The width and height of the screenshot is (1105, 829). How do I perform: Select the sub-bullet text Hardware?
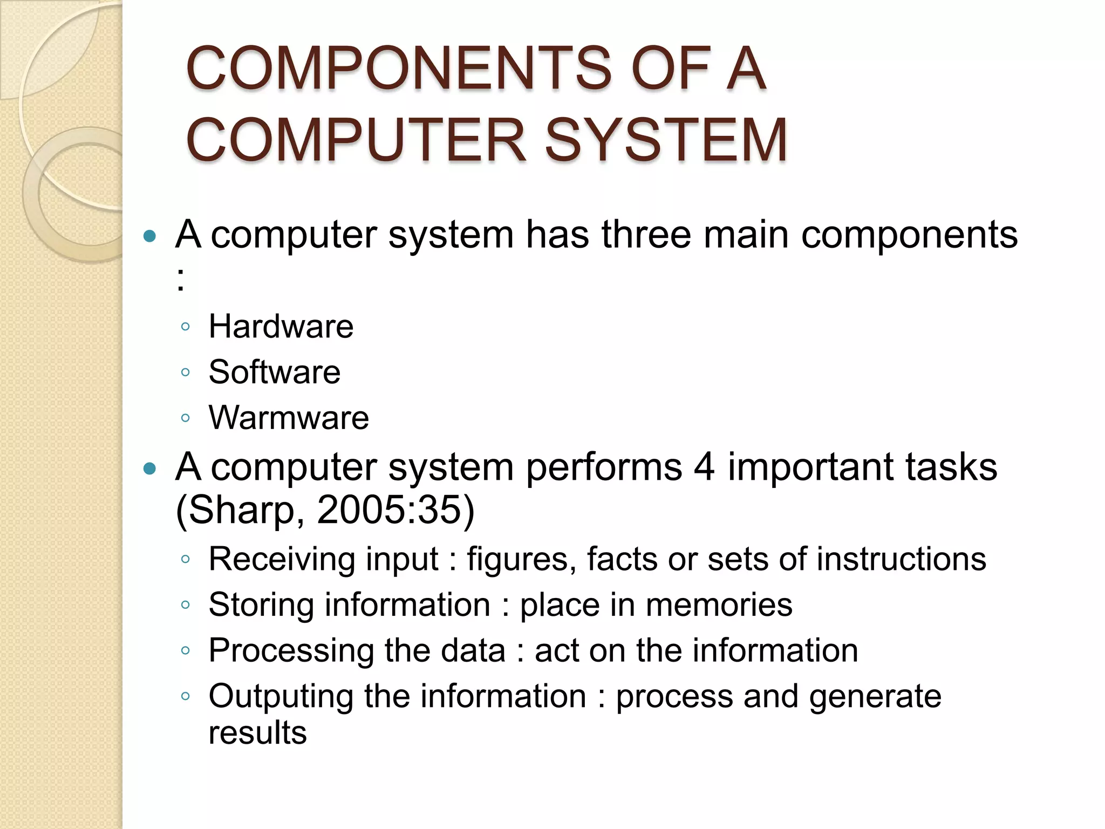pyautogui.click(x=281, y=327)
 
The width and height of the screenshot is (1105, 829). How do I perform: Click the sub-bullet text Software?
pyautogui.click(x=274, y=372)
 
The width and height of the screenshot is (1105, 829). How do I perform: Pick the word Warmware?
pyautogui.click(x=289, y=418)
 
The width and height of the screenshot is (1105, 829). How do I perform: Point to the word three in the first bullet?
pyautogui.click(x=646, y=235)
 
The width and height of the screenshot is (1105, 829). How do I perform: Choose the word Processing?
pyautogui.click(x=290, y=651)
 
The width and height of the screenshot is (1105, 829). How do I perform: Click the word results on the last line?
pyautogui.click(x=257, y=733)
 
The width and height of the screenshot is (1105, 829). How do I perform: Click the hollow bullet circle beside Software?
pyautogui.click(x=186, y=372)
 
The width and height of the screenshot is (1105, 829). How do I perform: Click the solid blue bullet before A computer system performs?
pyautogui.click(x=150, y=468)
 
